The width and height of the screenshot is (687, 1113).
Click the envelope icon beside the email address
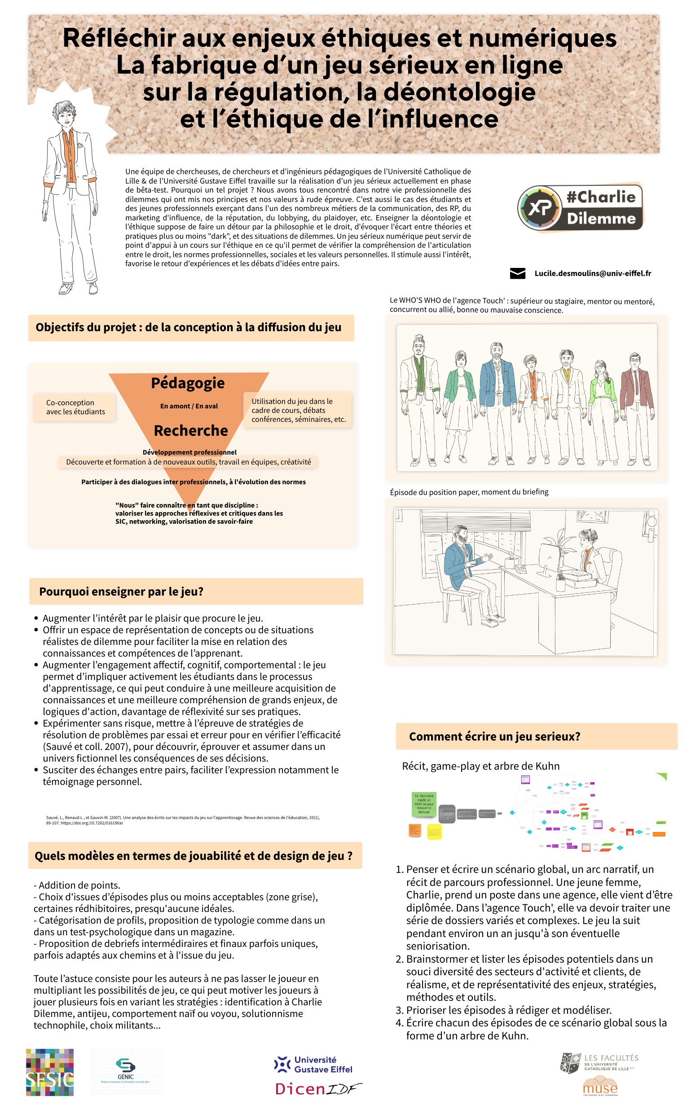[x=517, y=273]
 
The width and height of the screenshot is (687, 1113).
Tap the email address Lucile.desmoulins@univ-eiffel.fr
[x=593, y=273]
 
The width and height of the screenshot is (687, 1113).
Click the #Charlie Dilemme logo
[x=580, y=208]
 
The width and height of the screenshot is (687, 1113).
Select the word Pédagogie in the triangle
[x=188, y=383]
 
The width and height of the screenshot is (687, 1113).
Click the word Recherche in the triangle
[x=191, y=430]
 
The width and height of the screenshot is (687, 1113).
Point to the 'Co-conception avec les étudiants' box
[x=75, y=407]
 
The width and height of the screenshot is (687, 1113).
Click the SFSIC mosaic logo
[x=49, y=1072]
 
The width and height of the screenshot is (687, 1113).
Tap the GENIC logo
[x=126, y=1072]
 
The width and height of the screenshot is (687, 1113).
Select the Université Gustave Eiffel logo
[x=313, y=1065]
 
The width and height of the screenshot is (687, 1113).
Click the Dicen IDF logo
[x=318, y=1088]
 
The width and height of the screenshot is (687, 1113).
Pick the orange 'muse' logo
[x=600, y=1088]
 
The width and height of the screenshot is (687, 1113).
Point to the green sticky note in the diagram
[x=423, y=804]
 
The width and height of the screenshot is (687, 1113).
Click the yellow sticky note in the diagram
[x=434, y=832]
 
